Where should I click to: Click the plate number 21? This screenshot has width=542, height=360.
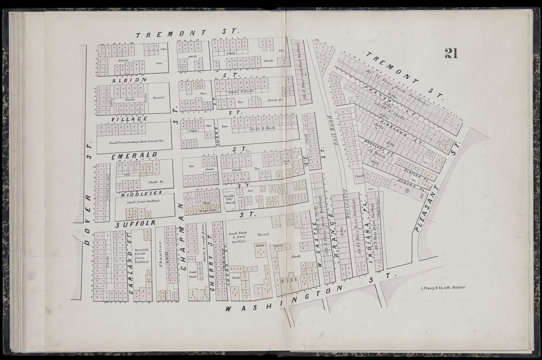click(x=451, y=53)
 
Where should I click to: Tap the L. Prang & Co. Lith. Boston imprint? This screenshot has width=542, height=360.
click(x=443, y=287)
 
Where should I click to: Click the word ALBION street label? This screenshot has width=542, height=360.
click(x=129, y=80)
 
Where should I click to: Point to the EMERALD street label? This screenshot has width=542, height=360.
click(x=135, y=155)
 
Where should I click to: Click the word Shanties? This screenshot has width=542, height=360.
click(x=161, y=259)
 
